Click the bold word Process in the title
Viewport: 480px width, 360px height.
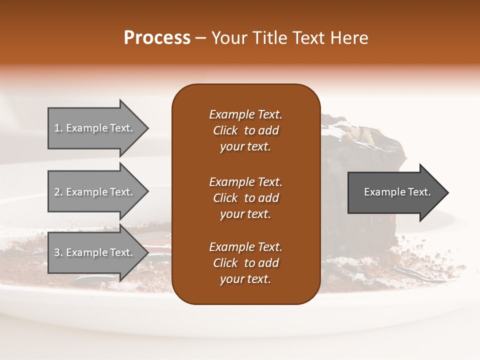click(157, 38)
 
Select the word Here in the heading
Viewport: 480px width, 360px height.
click(349, 38)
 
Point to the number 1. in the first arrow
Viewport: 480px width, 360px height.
click(58, 128)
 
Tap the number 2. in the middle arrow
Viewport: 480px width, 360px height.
click(58, 192)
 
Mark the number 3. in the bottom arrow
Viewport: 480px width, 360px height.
click(58, 252)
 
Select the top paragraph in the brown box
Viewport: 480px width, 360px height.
click(245, 130)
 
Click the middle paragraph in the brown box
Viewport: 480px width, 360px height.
click(245, 197)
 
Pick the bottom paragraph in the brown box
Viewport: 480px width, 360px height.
click(245, 263)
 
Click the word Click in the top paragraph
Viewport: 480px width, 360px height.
click(225, 130)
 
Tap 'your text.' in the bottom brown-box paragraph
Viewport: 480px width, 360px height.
click(245, 279)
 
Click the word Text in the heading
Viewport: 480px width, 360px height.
click(312, 38)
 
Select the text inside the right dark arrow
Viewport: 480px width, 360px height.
click(397, 192)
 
